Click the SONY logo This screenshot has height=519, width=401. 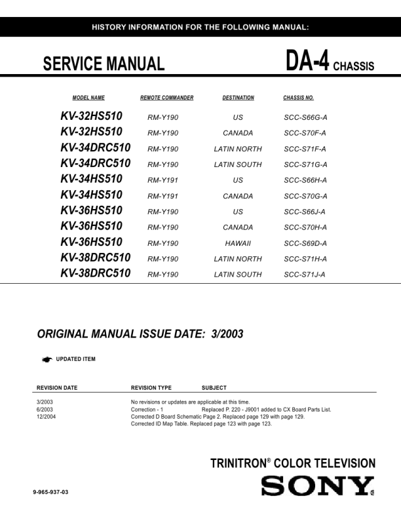(317, 486)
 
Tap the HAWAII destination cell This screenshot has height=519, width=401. (238, 243)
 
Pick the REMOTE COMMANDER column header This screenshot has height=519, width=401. (166, 98)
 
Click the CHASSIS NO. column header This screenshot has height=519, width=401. (298, 98)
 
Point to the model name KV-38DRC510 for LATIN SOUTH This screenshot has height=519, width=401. (95, 273)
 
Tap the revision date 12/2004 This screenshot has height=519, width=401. (47, 416)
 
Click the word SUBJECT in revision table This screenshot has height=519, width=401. (214, 388)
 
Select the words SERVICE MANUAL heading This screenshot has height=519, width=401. (104, 64)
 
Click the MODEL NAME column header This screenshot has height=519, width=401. (88, 98)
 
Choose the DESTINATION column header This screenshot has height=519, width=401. (238, 98)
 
